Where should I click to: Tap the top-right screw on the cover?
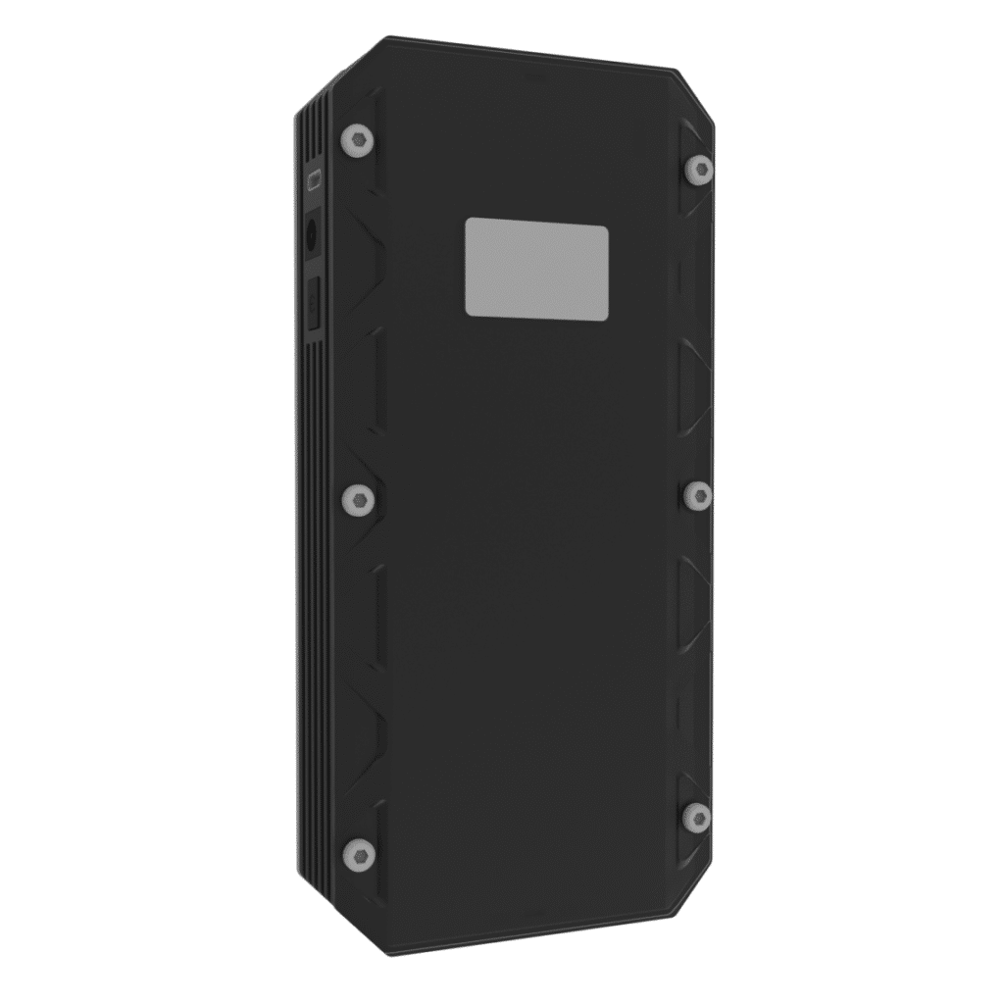point(698,169)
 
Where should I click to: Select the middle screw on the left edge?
point(359,501)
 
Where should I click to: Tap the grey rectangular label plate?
point(536,269)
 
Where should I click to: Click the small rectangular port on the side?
point(315,180)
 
